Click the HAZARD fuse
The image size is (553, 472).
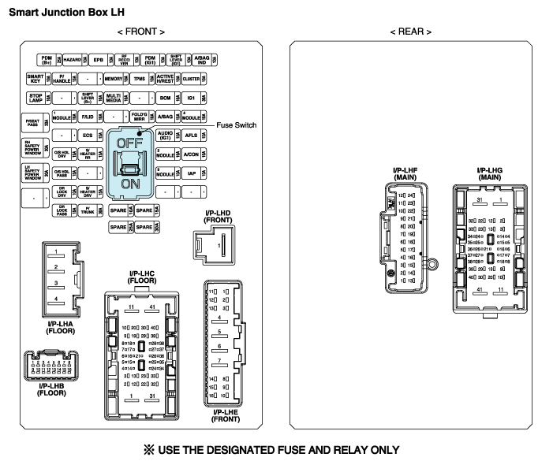coord(73,60)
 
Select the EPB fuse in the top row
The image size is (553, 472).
coord(99,60)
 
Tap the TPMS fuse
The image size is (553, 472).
coord(139,79)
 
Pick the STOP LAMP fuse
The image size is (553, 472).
coord(35,98)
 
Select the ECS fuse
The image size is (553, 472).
coord(88,136)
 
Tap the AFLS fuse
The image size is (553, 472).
coord(191,136)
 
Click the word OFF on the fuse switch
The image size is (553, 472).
coord(128,143)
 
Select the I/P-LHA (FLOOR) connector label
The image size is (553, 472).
coord(61,327)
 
